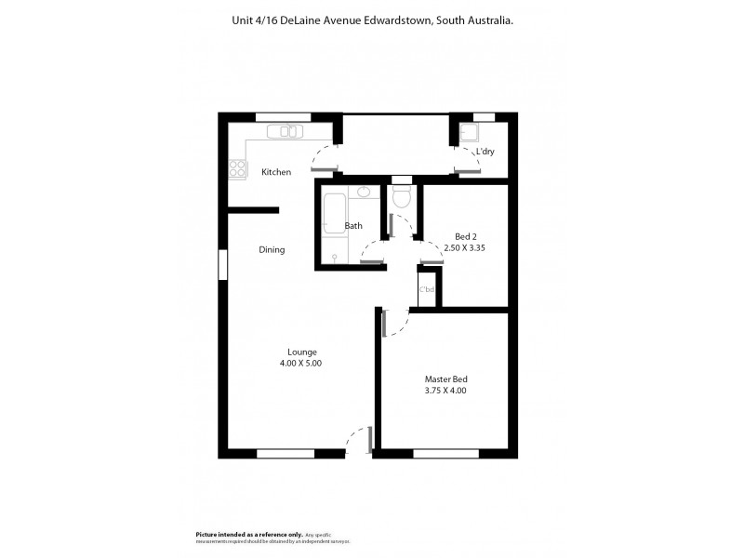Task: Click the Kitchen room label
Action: tap(276, 172)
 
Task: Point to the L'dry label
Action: tap(485, 152)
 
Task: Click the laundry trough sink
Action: tap(467, 131)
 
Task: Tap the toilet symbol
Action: tap(402, 195)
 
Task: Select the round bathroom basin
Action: tap(363, 193)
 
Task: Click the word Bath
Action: tap(353, 226)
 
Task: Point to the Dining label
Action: tap(272, 249)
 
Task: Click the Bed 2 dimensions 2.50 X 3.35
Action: tap(466, 248)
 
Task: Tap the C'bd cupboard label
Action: tap(428, 290)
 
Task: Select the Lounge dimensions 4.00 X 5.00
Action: tap(302, 364)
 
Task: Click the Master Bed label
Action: tap(445, 379)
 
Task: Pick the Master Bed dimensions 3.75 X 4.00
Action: tap(445, 391)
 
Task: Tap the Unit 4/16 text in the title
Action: tap(250, 20)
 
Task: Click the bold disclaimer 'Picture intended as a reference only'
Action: tap(248, 535)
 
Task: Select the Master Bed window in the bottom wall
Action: tap(445, 454)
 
